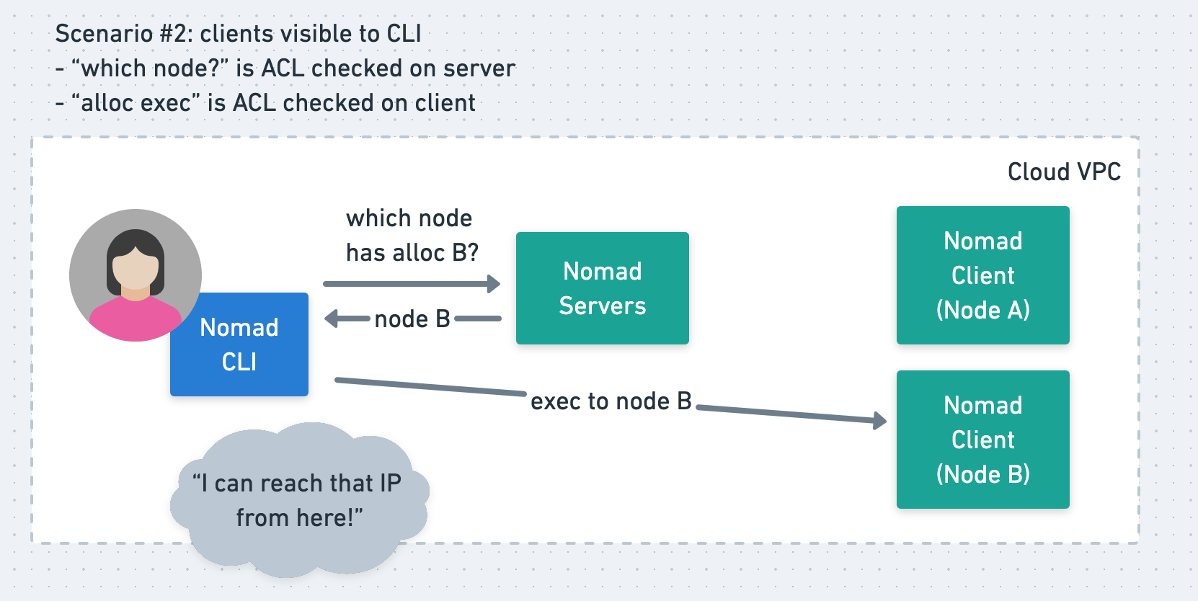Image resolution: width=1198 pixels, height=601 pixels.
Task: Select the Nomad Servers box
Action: click(x=602, y=288)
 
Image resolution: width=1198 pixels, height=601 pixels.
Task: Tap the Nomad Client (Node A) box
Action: click(x=982, y=275)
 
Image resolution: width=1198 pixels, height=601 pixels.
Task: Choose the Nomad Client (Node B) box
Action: click(x=982, y=440)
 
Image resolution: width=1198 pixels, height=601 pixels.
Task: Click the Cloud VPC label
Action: click(x=1064, y=172)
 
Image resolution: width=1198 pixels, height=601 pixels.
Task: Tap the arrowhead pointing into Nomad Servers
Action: click(x=494, y=284)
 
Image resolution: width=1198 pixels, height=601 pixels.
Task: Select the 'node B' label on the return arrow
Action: click(x=412, y=319)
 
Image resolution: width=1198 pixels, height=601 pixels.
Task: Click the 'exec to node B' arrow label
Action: click(x=611, y=401)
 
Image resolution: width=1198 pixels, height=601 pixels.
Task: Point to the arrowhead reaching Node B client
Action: click(x=880, y=421)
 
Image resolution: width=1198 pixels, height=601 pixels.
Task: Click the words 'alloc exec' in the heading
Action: click(x=136, y=103)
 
